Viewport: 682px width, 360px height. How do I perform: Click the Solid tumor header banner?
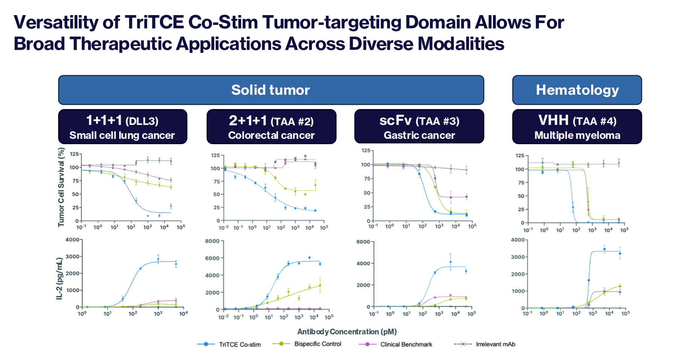[x=271, y=90]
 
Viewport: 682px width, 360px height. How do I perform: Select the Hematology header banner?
[x=577, y=90]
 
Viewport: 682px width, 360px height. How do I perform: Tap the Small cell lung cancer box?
[x=122, y=127]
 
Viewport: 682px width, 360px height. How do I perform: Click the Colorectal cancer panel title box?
[x=271, y=127]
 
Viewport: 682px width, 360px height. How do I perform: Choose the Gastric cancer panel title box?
[x=419, y=127]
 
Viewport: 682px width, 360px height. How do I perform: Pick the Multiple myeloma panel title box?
[x=577, y=127]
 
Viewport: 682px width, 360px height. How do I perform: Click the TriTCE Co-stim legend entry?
[x=239, y=345]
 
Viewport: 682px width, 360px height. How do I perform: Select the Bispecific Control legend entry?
[x=317, y=344]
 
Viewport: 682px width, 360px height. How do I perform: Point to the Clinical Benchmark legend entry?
[x=406, y=345]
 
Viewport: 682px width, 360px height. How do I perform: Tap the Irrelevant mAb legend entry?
[x=495, y=344]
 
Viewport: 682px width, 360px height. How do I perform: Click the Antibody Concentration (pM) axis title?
[x=347, y=332]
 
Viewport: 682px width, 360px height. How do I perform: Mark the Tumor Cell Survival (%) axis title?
[x=61, y=187]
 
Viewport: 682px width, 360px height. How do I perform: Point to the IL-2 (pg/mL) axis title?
[x=59, y=278]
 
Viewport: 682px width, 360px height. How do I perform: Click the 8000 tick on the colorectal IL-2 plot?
[x=212, y=241]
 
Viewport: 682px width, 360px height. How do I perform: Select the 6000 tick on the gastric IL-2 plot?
[x=363, y=242]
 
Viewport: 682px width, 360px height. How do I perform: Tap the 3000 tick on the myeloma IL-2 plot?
[x=518, y=257]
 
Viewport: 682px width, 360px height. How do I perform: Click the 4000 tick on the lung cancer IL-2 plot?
[x=72, y=240]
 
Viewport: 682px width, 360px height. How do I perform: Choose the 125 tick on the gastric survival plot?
[x=366, y=151]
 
